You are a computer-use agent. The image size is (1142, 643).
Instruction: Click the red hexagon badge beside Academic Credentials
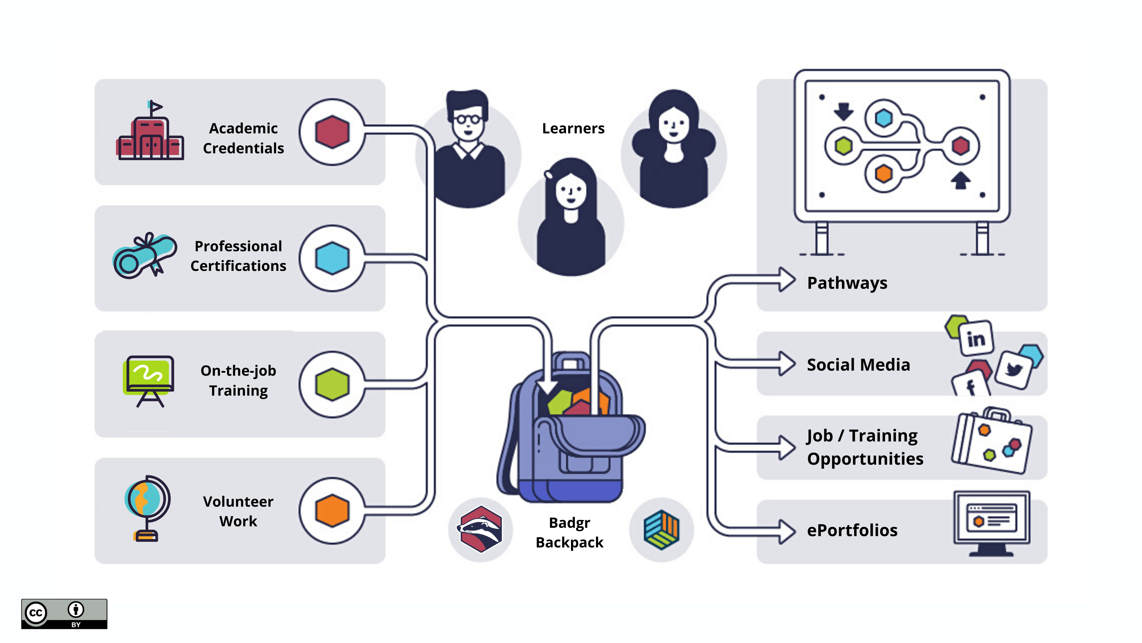(x=332, y=132)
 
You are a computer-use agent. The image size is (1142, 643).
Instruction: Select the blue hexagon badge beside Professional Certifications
(x=332, y=258)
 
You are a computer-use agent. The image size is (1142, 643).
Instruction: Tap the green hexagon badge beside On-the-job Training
(x=332, y=384)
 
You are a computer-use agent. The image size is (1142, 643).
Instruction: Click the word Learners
(x=573, y=129)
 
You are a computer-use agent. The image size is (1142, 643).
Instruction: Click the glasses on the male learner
(x=468, y=119)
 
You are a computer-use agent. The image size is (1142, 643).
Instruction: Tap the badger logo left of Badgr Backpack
(x=481, y=529)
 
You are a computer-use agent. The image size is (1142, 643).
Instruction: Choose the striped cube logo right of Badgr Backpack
(x=661, y=529)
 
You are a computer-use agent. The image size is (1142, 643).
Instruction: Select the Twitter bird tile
(x=1014, y=370)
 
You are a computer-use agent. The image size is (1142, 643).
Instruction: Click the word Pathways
(x=847, y=283)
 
